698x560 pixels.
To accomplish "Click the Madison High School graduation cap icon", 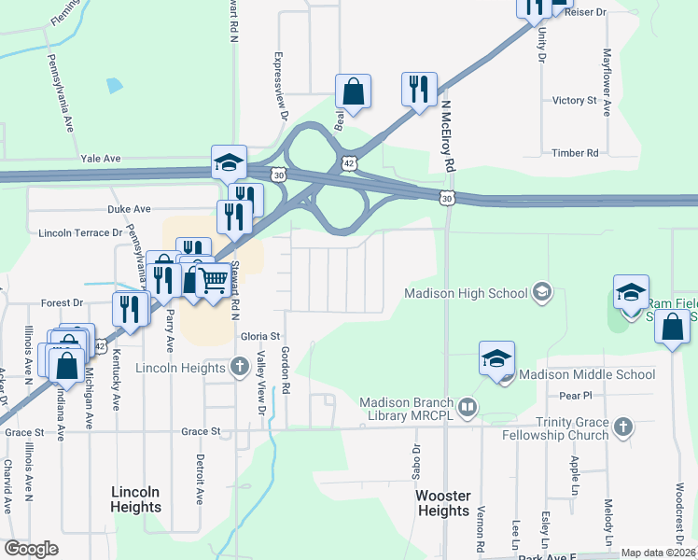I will tap(540, 293).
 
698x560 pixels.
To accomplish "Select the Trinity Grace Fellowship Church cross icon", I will tap(623, 427).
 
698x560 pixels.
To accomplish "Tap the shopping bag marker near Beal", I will tap(354, 91).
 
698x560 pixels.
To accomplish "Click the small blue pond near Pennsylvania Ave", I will tap(114, 86).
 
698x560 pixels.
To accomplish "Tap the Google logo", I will tap(31, 549).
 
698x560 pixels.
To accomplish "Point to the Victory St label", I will tap(574, 100).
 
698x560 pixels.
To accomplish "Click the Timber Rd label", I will tap(575, 152).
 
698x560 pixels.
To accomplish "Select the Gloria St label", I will tap(260, 336).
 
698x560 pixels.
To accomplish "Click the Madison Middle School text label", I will tap(587, 374).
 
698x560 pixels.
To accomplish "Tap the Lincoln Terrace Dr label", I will tap(80, 232).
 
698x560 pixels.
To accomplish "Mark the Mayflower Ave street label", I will tap(607, 82).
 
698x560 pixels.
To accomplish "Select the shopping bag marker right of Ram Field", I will tap(672, 327).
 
